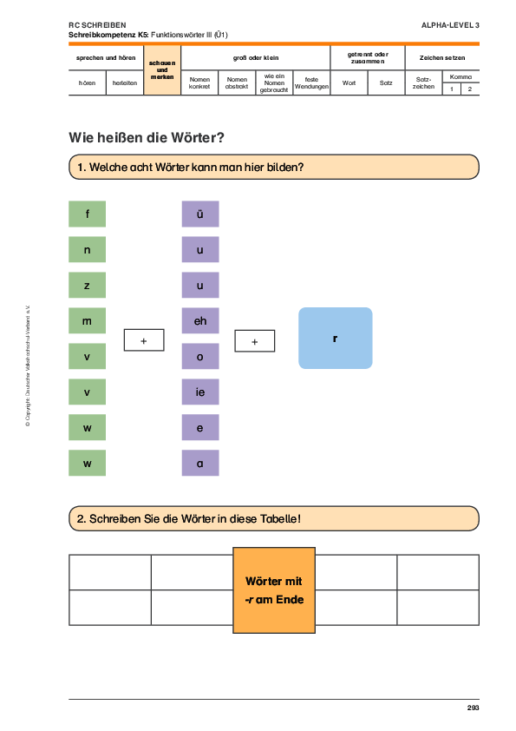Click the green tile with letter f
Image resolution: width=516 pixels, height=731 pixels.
(87, 214)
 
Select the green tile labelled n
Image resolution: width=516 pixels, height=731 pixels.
(87, 249)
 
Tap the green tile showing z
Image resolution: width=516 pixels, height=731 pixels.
(87, 285)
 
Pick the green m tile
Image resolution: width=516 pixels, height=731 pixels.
(87, 320)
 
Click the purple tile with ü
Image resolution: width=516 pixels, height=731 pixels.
(200, 214)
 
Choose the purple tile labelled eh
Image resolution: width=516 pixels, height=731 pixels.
(200, 320)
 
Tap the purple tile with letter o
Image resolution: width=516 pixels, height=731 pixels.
(200, 356)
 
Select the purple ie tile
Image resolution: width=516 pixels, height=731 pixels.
(200, 392)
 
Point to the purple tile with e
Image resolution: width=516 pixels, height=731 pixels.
(200, 427)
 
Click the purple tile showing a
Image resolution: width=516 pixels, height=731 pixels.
(200, 463)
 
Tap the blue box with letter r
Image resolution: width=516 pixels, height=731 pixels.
(336, 338)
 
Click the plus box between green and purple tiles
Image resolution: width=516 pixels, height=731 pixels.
(144, 339)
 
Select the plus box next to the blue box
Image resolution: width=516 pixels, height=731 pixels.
(255, 341)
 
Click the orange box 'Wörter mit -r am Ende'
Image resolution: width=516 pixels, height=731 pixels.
(274, 590)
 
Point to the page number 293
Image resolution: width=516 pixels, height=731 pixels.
(474, 708)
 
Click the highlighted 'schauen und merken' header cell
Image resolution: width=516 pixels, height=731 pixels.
(162, 70)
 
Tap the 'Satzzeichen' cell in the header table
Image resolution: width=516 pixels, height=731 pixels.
(423, 83)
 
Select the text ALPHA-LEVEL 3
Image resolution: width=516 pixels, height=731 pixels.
(450, 25)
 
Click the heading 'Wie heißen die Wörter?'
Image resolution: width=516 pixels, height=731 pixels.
(147, 137)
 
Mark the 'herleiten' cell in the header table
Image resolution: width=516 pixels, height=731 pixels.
(125, 83)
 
